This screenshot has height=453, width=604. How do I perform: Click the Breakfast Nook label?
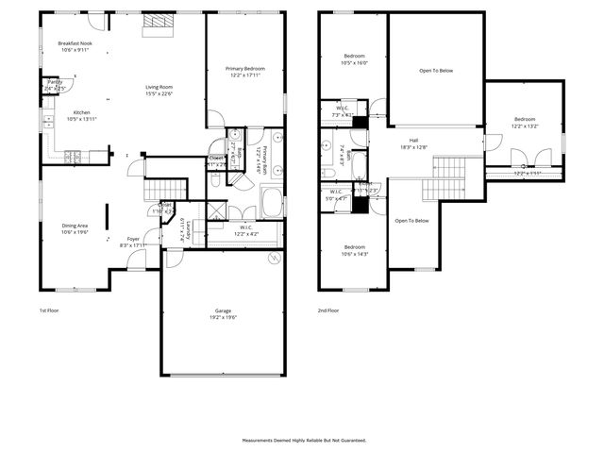pyautogui.click(x=75, y=44)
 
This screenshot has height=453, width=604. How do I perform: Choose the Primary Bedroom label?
pyautogui.click(x=244, y=69)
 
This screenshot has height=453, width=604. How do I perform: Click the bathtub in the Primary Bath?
pyautogui.click(x=271, y=202)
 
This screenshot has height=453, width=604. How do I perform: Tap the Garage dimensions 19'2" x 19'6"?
pyautogui.click(x=223, y=318)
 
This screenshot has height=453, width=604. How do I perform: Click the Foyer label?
pyautogui.click(x=133, y=239)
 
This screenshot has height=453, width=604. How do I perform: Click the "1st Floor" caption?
pyautogui.click(x=48, y=310)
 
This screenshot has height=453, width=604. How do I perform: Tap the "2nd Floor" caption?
pyautogui.click(x=327, y=310)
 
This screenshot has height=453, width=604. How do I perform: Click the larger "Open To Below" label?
pyautogui.click(x=436, y=71)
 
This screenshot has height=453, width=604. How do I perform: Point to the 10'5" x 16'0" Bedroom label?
pyautogui.click(x=355, y=56)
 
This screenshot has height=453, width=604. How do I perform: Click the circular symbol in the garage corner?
pyautogui.click(x=274, y=258)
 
